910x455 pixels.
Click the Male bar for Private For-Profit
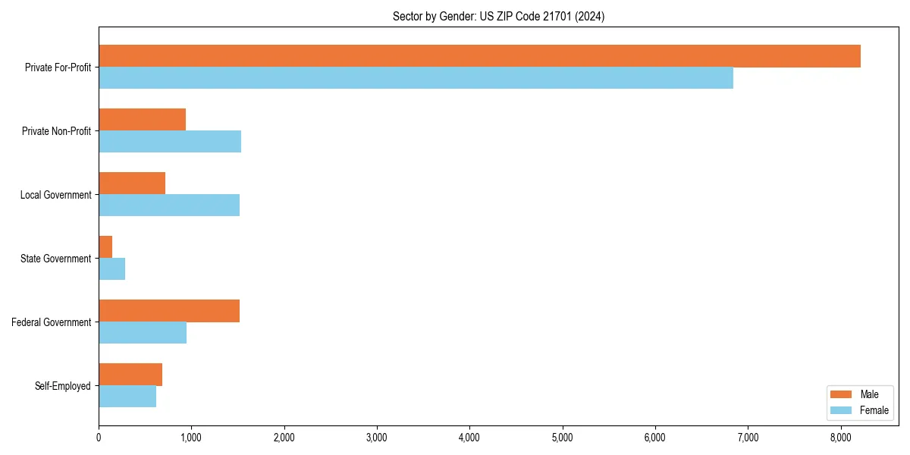point(479,56)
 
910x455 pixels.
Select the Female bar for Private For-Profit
point(416,78)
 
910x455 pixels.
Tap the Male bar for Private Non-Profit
point(142,120)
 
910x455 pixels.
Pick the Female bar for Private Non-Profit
point(170,142)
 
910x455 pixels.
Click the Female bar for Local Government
point(169,206)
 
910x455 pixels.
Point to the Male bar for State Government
point(105,247)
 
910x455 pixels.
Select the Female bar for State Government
point(111,269)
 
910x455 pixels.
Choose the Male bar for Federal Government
point(169,311)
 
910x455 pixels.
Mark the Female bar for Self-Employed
point(127,397)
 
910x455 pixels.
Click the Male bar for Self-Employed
point(130,375)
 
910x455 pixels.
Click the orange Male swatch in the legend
point(842,394)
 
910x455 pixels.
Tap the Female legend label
point(874,410)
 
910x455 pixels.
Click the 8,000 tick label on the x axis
point(840,438)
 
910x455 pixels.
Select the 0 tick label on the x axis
point(99,438)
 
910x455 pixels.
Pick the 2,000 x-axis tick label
point(284,438)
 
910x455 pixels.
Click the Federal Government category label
point(52,322)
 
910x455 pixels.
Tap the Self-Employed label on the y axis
point(63,386)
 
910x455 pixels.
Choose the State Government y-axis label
point(56,259)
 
